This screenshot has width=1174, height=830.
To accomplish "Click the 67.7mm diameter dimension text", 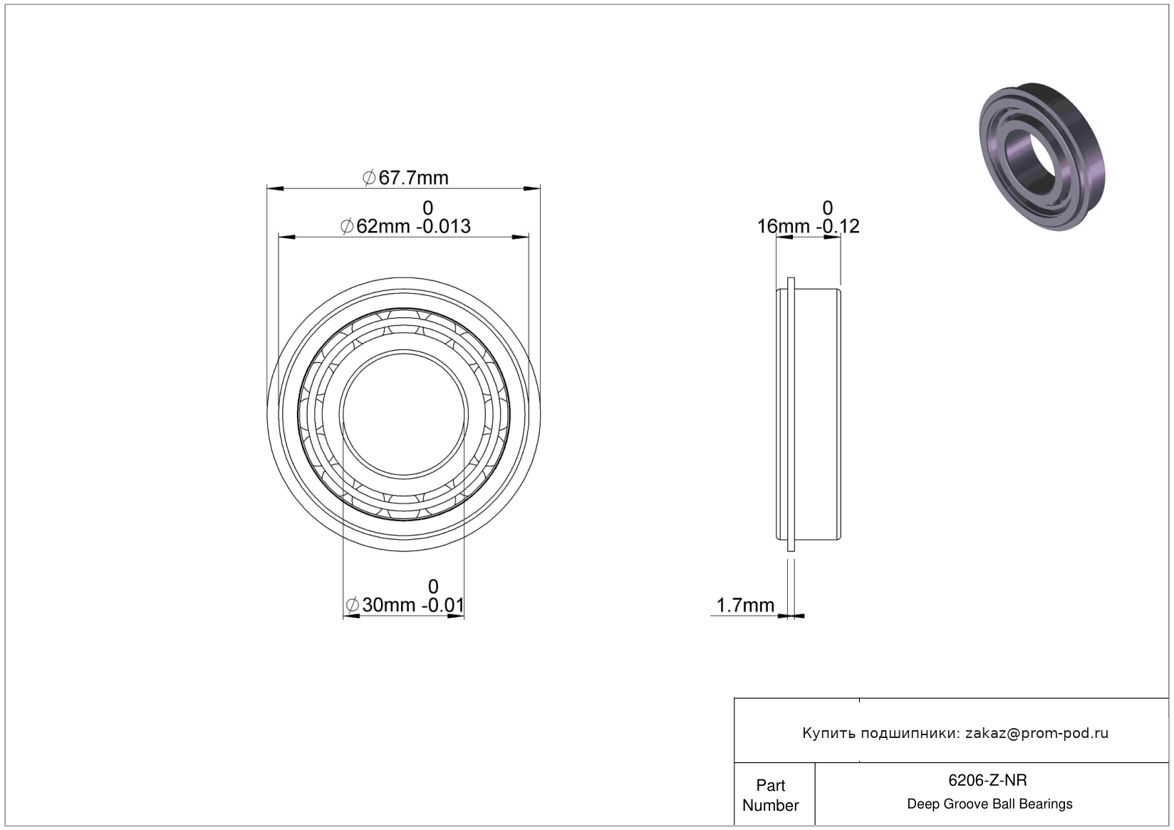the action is click(x=405, y=178).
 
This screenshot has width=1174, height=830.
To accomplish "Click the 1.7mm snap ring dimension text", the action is click(x=744, y=605).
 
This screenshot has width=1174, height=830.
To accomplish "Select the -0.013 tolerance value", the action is click(x=443, y=227).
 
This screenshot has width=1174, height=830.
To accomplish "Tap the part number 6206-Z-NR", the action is click(x=987, y=780).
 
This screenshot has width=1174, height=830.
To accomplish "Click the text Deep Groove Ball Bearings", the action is click(x=989, y=804).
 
